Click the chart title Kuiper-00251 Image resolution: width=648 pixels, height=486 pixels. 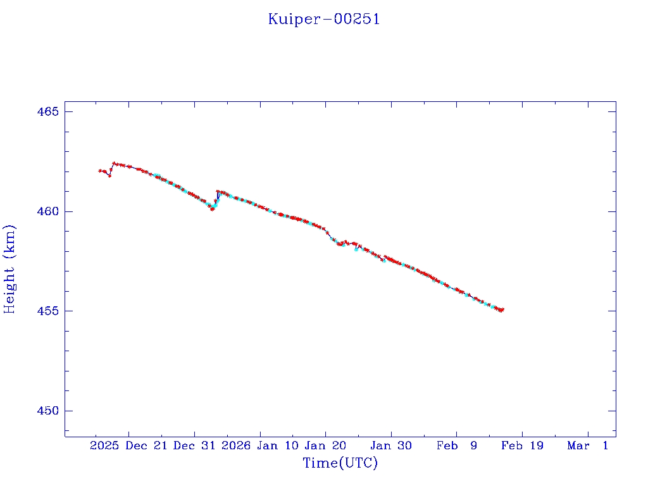point(324,19)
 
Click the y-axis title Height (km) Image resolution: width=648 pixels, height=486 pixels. point(10,269)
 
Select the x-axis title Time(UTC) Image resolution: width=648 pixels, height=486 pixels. point(340,463)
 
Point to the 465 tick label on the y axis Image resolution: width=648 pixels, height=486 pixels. point(46,112)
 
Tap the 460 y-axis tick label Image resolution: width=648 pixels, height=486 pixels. point(46,211)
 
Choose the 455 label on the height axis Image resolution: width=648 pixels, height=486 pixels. point(46,311)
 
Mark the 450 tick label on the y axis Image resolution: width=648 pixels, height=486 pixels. point(46,411)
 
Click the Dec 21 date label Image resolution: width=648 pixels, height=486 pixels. point(145,446)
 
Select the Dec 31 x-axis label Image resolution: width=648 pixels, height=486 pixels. point(194,446)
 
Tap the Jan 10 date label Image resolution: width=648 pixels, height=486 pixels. point(277,446)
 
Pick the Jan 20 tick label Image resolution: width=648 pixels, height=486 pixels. point(325,446)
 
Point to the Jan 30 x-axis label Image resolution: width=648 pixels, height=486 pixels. point(391,446)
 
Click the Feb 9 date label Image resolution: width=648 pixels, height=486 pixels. point(457,446)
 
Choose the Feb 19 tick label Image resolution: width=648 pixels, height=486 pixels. point(522,446)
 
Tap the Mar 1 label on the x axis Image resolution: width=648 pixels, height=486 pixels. point(588,446)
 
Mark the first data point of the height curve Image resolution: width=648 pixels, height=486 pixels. point(99,170)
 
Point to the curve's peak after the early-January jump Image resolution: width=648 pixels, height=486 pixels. point(218,191)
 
